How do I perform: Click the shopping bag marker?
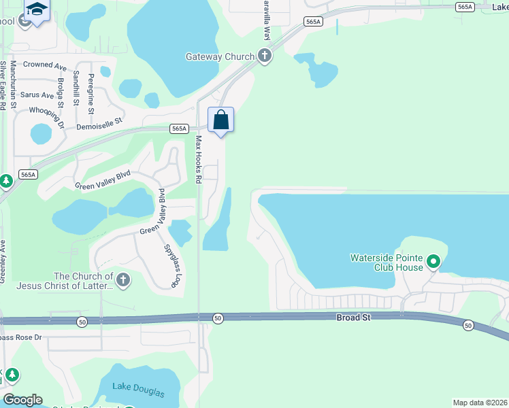221,120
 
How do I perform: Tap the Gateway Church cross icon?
265,56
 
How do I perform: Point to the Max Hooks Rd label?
199,160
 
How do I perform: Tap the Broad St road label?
352,318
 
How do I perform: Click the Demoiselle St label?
99,122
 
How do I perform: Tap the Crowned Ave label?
44,66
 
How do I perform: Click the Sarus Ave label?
37,95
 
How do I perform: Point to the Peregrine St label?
91,96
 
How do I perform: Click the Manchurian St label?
13,85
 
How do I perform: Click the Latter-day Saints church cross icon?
122,279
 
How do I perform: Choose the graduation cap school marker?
36,10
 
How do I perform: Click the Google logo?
22,400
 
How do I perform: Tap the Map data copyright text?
480,403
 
